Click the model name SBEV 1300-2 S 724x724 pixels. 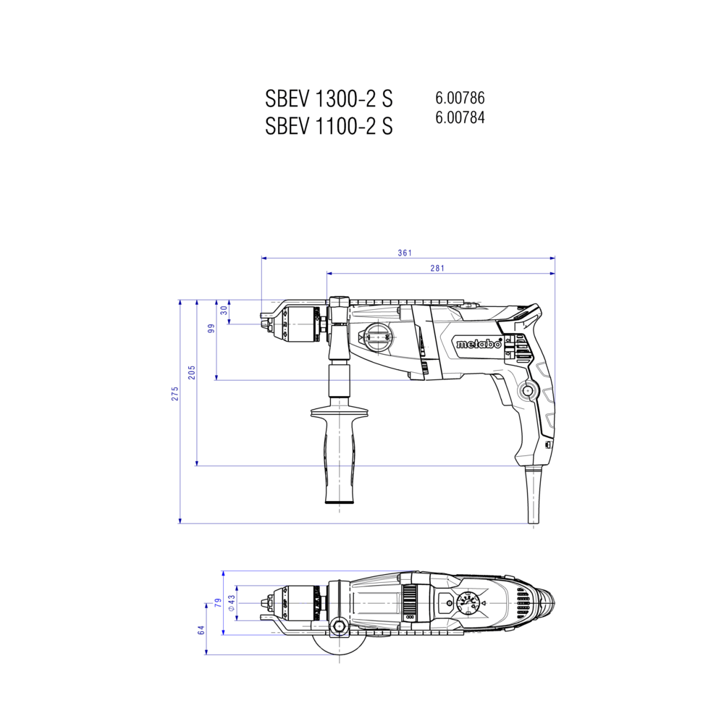329,98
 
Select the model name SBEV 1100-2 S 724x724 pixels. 329,125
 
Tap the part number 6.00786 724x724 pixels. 460,98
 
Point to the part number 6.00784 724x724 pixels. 460,118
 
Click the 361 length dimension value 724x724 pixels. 405,253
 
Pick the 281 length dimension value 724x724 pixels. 437,268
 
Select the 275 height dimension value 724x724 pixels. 175,393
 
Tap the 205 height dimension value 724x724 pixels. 192,372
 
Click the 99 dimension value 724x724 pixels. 211,328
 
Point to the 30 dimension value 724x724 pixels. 224,310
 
